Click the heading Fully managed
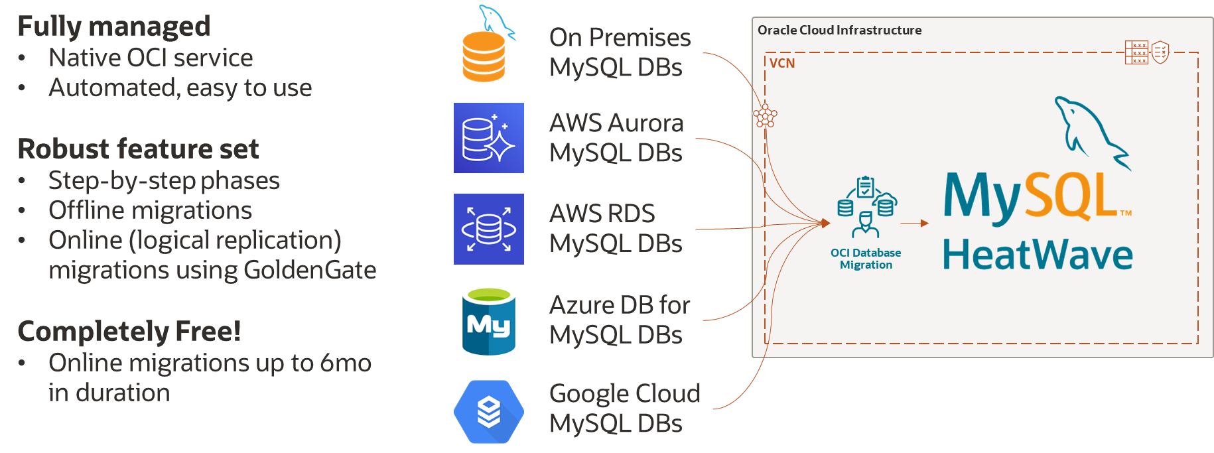pos(113,27)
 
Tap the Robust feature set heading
pos(138,149)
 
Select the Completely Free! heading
pos(129,331)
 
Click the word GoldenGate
pos(310,270)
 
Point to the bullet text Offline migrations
pos(150,210)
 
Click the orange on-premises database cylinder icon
pos(484,56)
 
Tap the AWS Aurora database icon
pos(489,138)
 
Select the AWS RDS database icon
pos(489,229)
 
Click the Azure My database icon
pos(489,320)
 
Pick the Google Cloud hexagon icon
pos(489,411)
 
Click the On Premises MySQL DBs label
pos(620,52)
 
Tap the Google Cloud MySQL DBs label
pos(624,409)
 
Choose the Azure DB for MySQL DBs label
pos(620,320)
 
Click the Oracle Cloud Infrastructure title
pos(839,30)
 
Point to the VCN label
pos(782,63)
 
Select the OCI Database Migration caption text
pos(866,259)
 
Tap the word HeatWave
pos(1038,255)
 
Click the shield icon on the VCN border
pos(1160,52)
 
